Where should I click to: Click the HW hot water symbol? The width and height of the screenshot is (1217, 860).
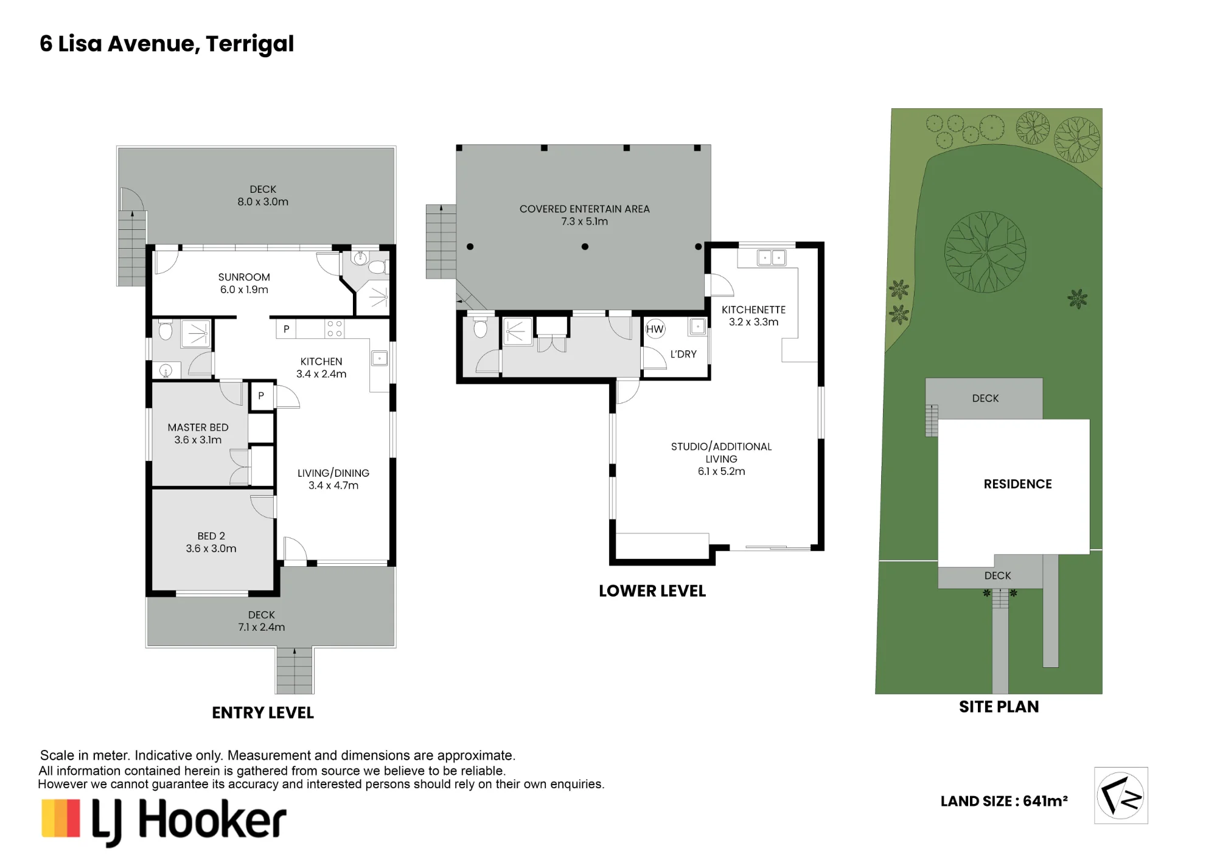[655, 330]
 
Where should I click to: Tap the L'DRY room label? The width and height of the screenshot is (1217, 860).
[683, 354]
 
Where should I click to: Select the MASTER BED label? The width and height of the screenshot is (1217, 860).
[198, 428]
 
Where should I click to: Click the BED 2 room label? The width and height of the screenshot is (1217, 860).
[211, 536]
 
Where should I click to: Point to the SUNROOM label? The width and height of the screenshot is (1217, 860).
[244, 277]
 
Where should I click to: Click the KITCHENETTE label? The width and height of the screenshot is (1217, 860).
[753, 310]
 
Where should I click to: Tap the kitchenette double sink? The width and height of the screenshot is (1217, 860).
[772, 258]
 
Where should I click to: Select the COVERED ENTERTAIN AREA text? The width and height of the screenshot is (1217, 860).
[585, 209]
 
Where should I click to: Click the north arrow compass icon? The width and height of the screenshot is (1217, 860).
[1121, 796]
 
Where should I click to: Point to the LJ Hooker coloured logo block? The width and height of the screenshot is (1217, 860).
[61, 818]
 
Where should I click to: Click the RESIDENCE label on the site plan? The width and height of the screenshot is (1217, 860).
[1017, 484]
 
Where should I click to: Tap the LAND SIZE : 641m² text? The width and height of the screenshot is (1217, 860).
[1004, 801]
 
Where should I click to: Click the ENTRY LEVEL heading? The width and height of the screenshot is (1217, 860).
[263, 713]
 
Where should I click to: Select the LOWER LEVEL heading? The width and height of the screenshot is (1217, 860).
[652, 591]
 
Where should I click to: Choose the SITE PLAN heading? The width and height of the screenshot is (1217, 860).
[999, 707]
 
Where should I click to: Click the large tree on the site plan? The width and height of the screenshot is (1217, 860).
[985, 252]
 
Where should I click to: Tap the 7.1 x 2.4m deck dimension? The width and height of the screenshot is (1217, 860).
[262, 627]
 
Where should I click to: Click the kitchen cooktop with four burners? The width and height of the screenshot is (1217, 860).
[335, 328]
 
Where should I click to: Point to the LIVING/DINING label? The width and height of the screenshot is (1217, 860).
[333, 473]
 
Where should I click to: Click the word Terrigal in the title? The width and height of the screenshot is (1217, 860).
[249, 44]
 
